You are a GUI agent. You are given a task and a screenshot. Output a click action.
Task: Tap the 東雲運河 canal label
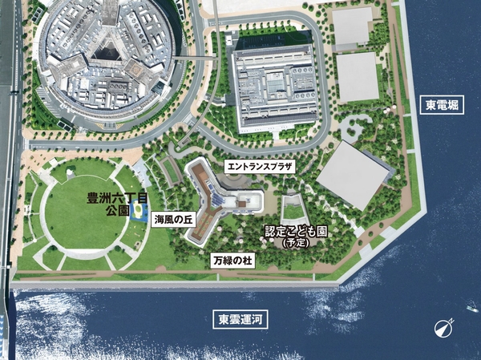coord(242,319)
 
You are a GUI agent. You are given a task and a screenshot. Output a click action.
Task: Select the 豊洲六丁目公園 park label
coord(108,202)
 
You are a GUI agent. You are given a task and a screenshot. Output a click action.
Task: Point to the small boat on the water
coord(471,307)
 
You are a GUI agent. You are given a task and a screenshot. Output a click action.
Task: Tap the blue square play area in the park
coord(137,213)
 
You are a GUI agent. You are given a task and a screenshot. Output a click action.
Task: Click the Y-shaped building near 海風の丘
coord(210,200)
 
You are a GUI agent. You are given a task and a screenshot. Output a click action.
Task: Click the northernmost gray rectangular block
coord(353,27)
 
